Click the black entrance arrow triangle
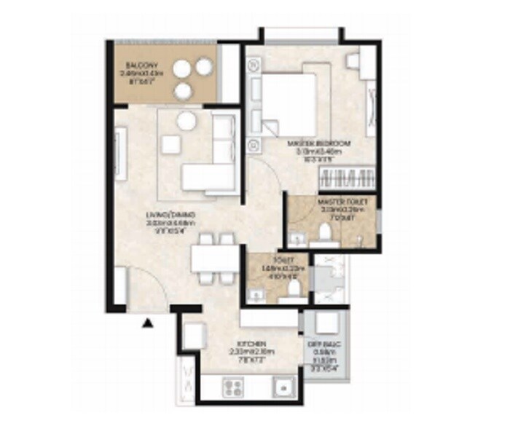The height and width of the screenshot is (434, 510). click(x=149, y=323)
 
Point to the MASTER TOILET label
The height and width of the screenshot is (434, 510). click(x=337, y=200)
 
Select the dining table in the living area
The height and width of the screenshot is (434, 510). click(x=216, y=258)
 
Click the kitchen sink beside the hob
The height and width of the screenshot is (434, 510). click(x=282, y=386)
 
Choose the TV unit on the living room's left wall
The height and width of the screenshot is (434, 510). click(x=121, y=153)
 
